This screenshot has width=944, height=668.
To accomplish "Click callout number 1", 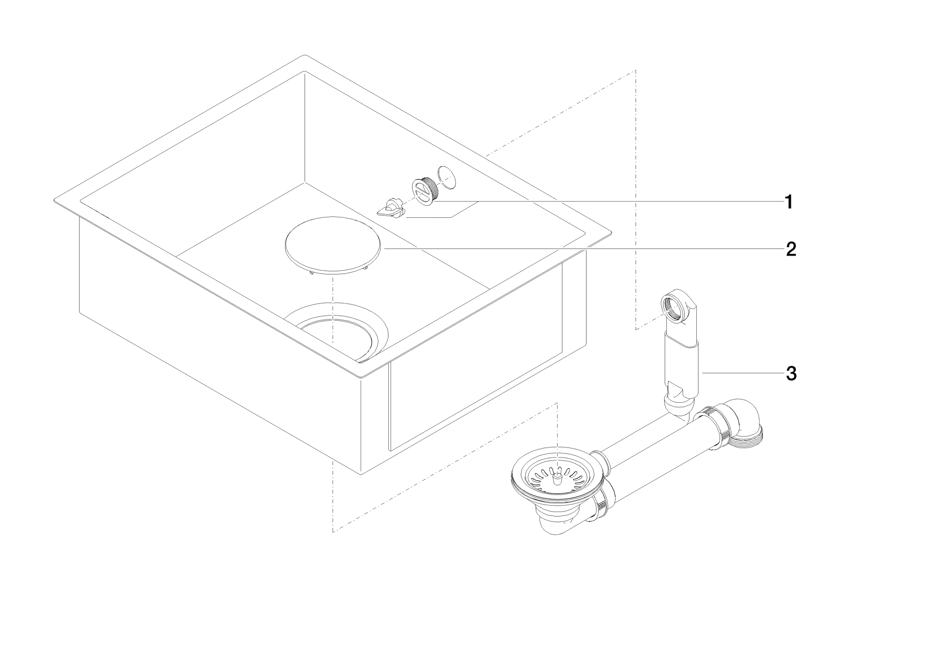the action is [x=789, y=202].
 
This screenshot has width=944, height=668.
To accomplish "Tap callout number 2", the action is [x=790, y=250].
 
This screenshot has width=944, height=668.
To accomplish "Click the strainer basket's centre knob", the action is [x=558, y=477].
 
